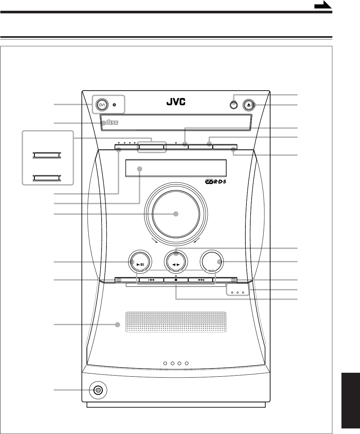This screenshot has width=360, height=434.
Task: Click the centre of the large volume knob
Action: (x=176, y=214)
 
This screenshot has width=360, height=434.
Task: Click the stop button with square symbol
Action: (x=176, y=280)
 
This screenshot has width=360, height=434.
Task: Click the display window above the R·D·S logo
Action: (x=176, y=168)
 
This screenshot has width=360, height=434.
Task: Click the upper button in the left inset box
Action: (x=46, y=155)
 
